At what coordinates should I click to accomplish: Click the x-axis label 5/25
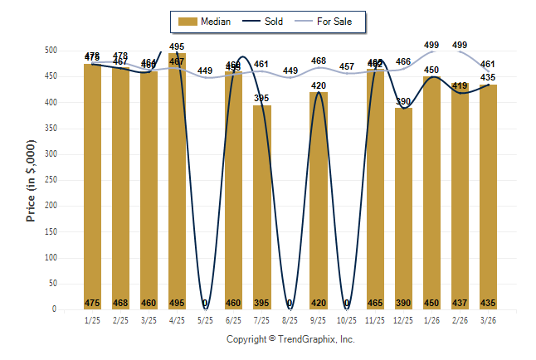coord(205,319)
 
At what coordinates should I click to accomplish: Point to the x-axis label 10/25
coord(347,319)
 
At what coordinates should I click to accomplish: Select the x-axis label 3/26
coord(489,319)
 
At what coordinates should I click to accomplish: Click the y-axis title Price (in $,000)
coord(31,181)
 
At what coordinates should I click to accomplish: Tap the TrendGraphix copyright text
coord(290,339)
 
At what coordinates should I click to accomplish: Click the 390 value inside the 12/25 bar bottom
coord(403,303)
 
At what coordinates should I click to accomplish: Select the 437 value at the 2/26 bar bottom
coord(460,303)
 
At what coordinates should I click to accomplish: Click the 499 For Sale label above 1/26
coord(431,45)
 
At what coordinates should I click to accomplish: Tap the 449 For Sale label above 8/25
coord(290,71)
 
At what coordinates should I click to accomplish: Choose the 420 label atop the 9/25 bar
coord(319,85)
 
